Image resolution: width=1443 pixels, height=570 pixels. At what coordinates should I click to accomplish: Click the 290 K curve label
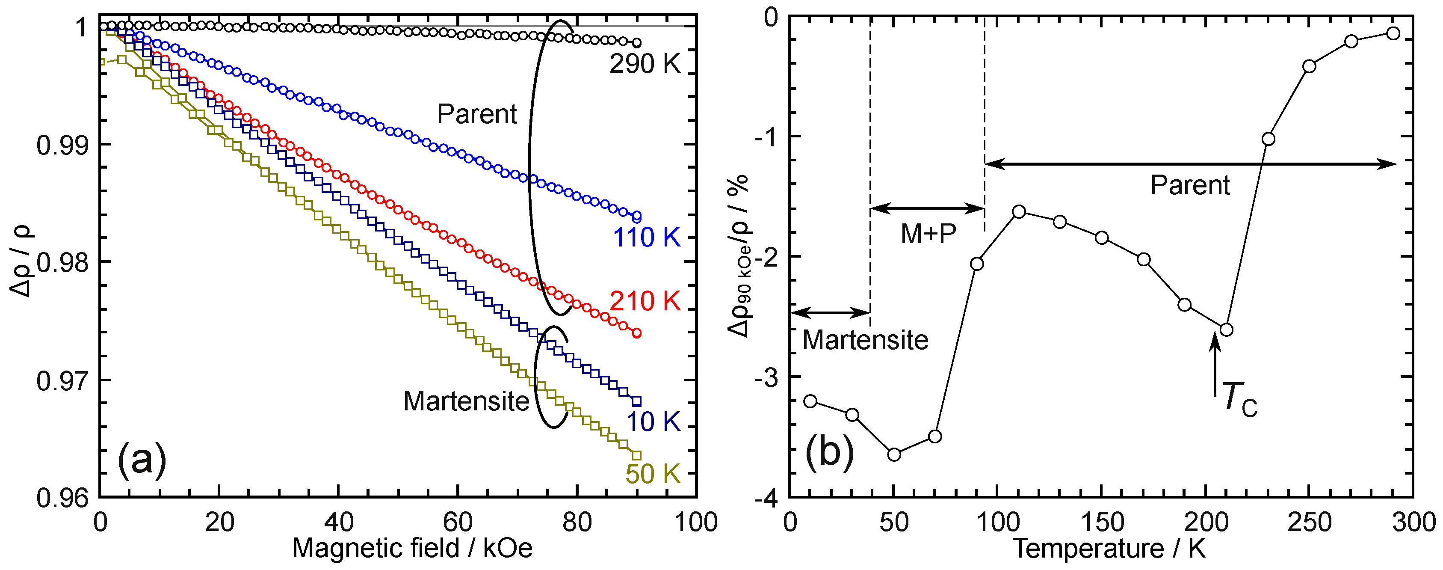[645, 64]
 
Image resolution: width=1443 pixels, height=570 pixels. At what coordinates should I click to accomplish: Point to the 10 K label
[653, 421]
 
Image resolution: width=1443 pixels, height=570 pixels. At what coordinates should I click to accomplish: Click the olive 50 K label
[653, 474]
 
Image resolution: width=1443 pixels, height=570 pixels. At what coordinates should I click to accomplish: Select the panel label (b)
[830, 452]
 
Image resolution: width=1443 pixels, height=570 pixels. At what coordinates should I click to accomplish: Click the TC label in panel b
[1239, 399]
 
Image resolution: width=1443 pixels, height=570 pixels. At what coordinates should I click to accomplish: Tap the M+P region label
[928, 233]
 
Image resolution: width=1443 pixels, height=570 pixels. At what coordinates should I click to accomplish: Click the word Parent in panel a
[477, 114]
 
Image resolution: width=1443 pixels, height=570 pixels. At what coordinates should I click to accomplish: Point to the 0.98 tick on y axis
[63, 262]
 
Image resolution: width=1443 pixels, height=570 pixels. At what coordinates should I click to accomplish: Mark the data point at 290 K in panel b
[1393, 34]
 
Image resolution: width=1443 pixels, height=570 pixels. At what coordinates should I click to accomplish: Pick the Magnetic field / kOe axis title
[412, 548]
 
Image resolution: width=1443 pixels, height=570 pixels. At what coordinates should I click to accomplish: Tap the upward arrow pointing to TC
[1215, 364]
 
